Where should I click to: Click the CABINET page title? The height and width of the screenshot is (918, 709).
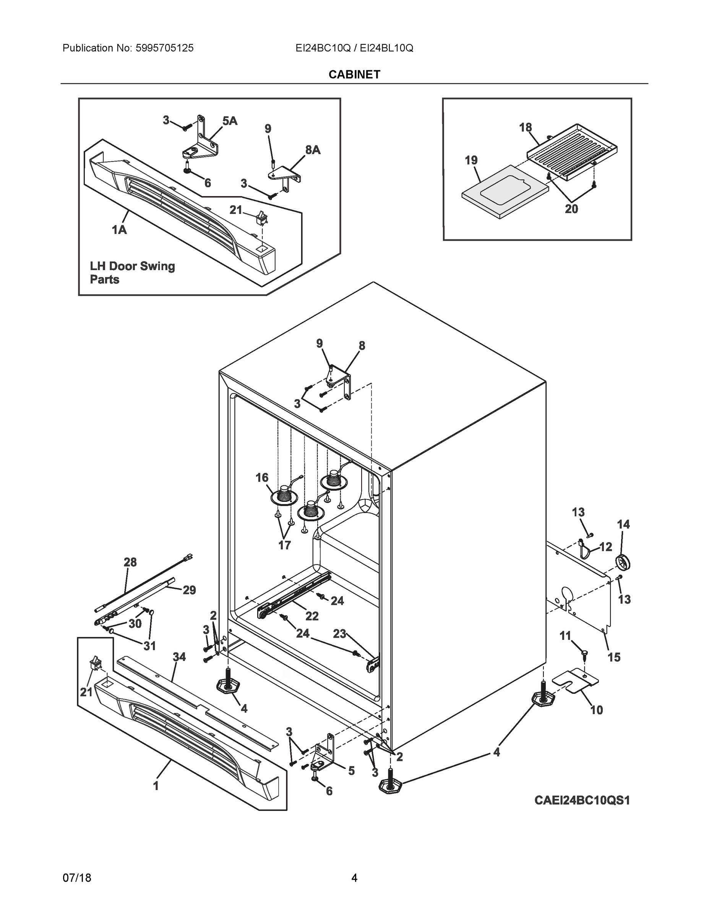pos(354,75)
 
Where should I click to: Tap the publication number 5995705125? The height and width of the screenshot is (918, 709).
pos(164,48)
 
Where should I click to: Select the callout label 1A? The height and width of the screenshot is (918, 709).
pos(119,229)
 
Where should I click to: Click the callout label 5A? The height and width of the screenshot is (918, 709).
pos(230,121)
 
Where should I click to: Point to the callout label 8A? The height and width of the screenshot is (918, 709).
pos(313,150)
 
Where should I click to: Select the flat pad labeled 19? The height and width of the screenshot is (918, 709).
pos(504,191)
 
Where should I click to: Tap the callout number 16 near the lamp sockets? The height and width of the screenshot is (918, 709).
pos(262,477)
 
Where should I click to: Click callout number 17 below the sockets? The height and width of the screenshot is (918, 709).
pos(284,545)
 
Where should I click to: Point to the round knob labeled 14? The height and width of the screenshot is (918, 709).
pos(624,563)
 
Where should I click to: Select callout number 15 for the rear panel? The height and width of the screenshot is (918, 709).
pos(614,657)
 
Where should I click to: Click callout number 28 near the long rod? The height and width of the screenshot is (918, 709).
pos(130,562)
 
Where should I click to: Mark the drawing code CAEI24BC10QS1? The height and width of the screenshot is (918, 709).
pos(582,800)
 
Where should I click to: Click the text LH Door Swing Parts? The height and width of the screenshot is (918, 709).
pos(132,272)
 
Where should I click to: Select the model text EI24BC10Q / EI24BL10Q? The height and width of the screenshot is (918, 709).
pos(354,48)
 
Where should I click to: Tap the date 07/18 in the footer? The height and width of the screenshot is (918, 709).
pos(77,878)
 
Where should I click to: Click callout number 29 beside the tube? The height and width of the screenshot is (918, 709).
pos(189,590)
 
